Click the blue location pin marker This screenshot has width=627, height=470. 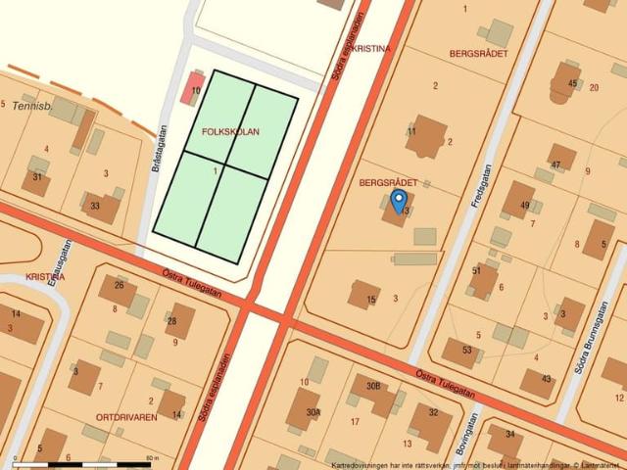click(399, 200)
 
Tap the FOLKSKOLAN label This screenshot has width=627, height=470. click(230, 131)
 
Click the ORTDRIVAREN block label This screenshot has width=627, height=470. click(126, 417)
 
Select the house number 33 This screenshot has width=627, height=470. click(95, 207)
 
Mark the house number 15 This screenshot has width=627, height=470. click(371, 300)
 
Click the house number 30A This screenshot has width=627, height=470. click(313, 413)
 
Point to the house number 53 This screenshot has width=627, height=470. click(466, 351)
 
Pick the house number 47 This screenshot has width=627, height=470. click(555, 165)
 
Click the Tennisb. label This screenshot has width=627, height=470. click(30, 105)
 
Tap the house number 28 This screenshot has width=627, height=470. click(172, 321)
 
